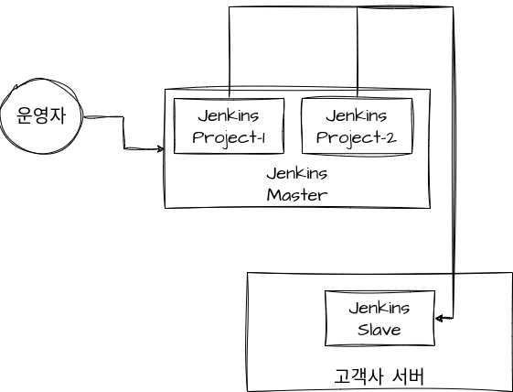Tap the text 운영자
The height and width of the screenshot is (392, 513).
tap(41, 115)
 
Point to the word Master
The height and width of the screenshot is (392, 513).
tap(297, 195)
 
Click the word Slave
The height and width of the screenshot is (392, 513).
tap(379, 330)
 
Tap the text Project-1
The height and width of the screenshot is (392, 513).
tap(229, 138)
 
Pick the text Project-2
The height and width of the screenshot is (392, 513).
tap(357, 138)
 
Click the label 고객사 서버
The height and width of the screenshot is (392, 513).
tap(379, 376)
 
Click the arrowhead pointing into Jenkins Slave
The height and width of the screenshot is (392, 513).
tap(439, 318)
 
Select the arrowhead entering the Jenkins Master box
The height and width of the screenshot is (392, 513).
tap(161, 149)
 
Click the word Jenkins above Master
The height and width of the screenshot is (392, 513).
tap(297, 173)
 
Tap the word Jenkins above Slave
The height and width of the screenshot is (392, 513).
tap(379, 308)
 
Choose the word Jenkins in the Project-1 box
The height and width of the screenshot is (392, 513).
tap(229, 115)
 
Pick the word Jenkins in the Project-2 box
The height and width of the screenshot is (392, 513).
tap(357, 115)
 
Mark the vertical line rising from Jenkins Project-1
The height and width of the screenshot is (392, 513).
tap(230, 52)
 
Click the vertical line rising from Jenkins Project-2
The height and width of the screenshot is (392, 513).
tap(358, 52)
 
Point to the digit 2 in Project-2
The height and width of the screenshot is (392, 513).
tap(391, 138)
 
